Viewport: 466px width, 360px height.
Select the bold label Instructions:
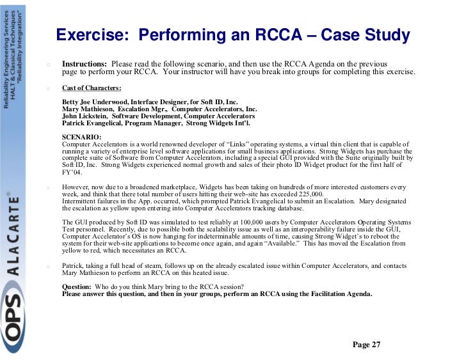pyautogui.click(x=84, y=65)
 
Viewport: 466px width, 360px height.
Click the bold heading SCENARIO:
pyautogui.click(x=81, y=137)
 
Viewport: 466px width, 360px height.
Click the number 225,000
pyautogui.click(x=305, y=194)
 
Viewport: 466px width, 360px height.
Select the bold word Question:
pyautogui.click(x=76, y=286)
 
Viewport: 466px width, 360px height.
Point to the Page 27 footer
pyautogui.click(x=366, y=345)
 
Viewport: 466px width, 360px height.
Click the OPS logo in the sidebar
pyautogui.click(x=14, y=320)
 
